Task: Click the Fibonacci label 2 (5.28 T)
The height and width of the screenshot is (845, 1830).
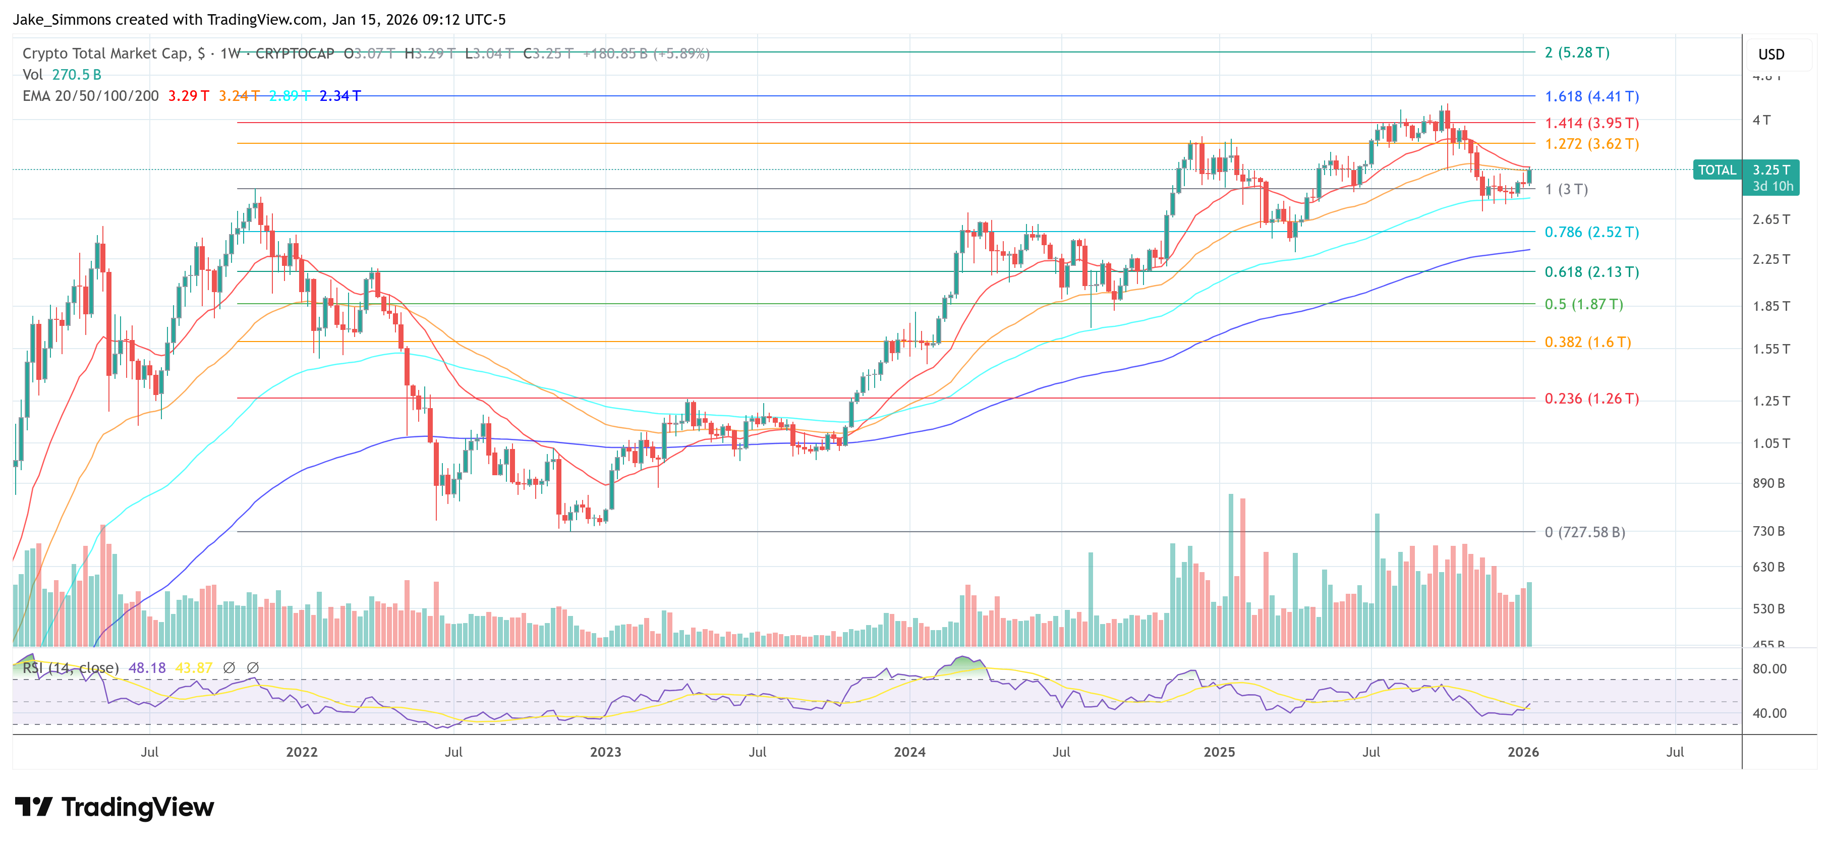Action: click(x=1576, y=52)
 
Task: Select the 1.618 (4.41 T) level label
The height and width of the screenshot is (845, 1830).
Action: click(x=1591, y=96)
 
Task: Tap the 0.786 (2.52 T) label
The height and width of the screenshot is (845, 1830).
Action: click(x=1591, y=232)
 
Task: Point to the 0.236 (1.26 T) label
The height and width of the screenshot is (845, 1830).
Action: click(x=1591, y=398)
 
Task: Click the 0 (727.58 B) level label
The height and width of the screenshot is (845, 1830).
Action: click(x=1584, y=532)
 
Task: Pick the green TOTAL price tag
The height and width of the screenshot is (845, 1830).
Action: click(x=1717, y=170)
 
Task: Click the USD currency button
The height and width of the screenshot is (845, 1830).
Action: click(x=1770, y=54)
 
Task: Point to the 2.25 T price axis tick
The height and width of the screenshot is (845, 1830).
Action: click(x=1770, y=259)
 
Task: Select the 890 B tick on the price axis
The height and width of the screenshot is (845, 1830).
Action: click(x=1768, y=483)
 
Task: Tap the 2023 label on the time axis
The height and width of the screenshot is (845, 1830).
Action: click(x=605, y=752)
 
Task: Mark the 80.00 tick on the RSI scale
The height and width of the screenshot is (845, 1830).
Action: click(x=1769, y=669)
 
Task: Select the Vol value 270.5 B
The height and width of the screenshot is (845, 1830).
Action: click(x=77, y=75)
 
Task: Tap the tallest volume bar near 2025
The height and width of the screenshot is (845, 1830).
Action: click(x=1230, y=569)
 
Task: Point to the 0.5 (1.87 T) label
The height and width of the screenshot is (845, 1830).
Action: click(x=1583, y=304)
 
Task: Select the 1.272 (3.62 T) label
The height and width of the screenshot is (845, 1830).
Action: click(x=1591, y=144)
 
